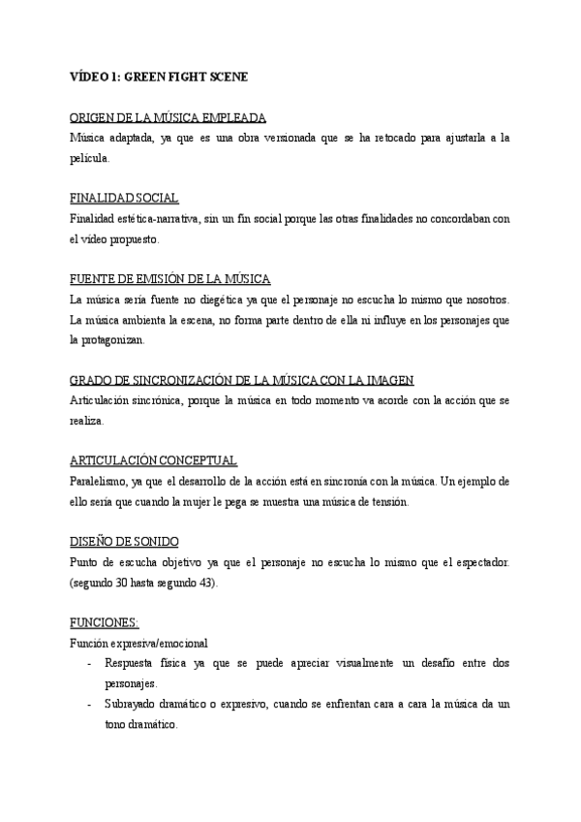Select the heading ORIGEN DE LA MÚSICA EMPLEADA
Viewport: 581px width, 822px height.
click(x=168, y=118)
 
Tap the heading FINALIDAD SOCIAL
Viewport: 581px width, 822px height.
click(x=125, y=198)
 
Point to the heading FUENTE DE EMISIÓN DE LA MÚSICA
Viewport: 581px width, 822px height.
click(x=170, y=278)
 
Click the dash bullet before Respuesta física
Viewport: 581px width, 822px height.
click(x=89, y=663)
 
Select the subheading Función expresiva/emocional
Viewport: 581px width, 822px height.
click(x=138, y=643)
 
